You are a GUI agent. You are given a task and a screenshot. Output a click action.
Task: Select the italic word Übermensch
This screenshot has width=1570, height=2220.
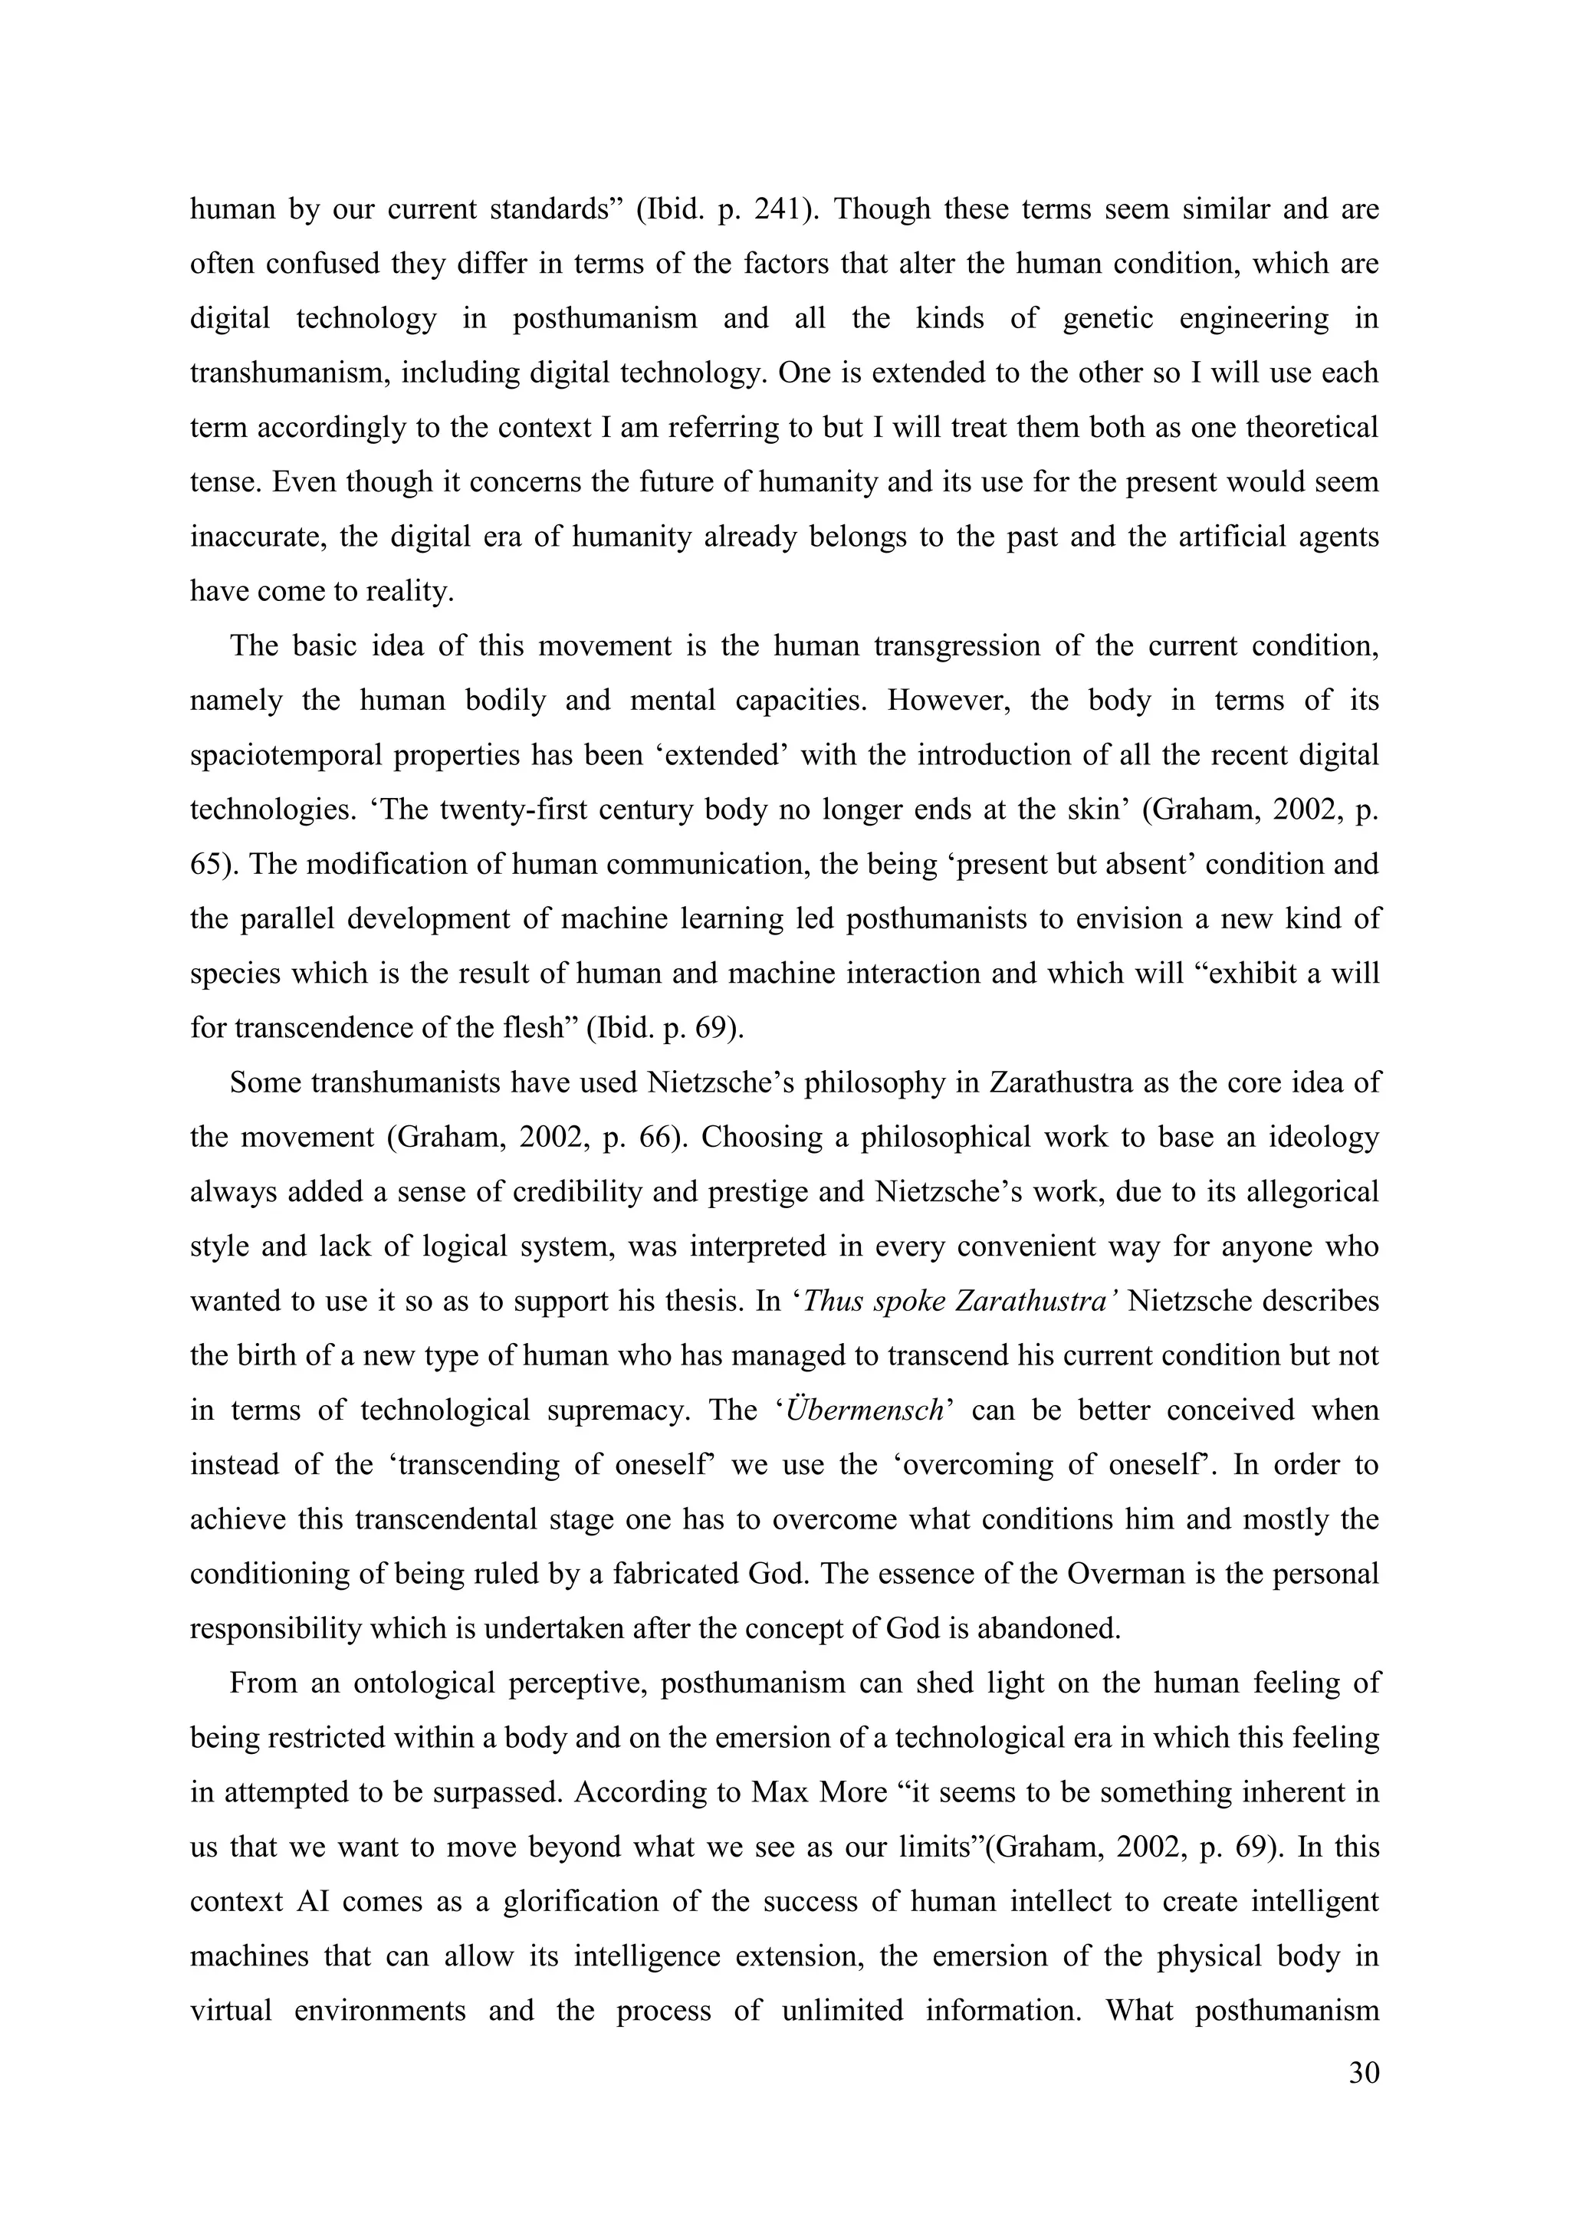click(x=865, y=1410)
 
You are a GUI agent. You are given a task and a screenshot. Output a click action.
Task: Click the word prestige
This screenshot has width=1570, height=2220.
click(x=734, y=1192)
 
